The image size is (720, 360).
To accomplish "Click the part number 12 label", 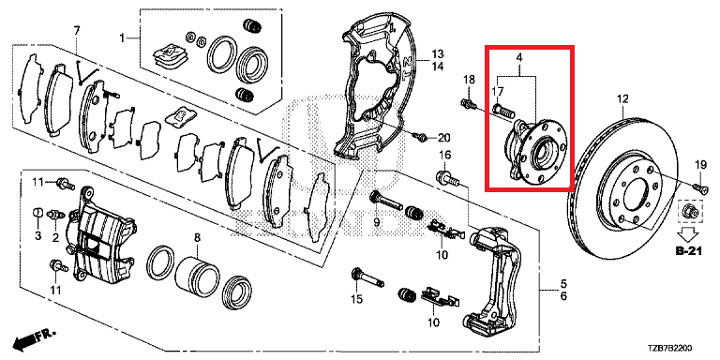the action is point(622,98).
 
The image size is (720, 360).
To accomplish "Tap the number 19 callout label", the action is point(699,164).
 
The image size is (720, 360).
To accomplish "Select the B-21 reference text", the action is point(689,250).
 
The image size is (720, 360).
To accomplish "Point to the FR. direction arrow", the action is point(35,338).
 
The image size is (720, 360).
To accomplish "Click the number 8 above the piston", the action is point(197,237).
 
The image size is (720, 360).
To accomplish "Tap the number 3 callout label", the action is point(37,236).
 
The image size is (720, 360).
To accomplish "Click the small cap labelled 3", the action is point(38,214).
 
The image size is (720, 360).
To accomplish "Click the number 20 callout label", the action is point(444,137).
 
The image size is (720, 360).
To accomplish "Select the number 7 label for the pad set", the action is point(77,31).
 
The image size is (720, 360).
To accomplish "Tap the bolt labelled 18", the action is point(468,104).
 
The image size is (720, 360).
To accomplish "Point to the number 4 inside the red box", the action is point(518,58).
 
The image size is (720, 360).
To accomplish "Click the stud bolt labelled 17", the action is point(502,111).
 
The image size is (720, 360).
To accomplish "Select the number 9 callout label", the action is point(377,223).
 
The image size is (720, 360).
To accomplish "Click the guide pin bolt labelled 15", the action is point(366,277).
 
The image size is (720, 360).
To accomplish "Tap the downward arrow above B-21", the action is point(689,233).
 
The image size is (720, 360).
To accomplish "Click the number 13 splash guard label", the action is point(437,52).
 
